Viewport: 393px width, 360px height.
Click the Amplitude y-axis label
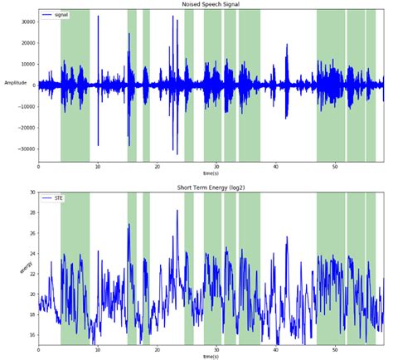coord(16,83)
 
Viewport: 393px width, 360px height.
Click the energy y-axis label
coord(26,268)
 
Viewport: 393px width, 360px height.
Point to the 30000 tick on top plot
coord(27,21)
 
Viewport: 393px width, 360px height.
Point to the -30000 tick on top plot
coord(25,149)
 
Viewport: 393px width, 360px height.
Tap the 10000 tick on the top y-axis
coord(27,64)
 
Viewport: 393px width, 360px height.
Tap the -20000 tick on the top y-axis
coord(25,128)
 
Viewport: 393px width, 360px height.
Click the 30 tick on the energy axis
coord(32,192)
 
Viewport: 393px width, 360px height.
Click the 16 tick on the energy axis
coord(32,334)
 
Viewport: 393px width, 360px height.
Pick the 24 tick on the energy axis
coord(32,253)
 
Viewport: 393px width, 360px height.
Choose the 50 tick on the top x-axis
coord(335,167)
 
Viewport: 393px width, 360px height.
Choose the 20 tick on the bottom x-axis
coord(157,349)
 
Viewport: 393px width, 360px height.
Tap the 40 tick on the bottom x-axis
coord(275,349)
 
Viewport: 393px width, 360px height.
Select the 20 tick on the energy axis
coord(32,294)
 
